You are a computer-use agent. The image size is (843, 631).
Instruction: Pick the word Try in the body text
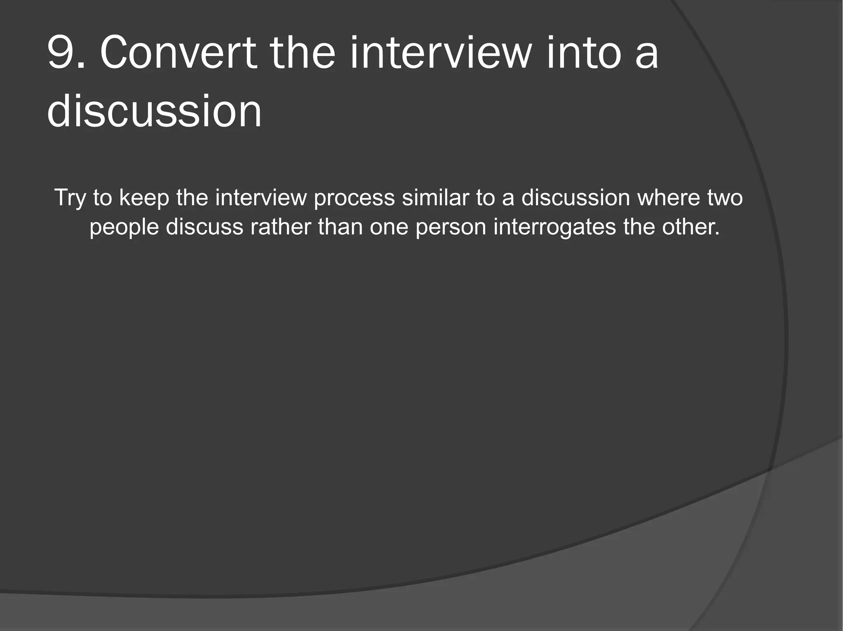point(70,198)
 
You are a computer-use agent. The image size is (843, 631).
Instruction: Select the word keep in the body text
point(144,198)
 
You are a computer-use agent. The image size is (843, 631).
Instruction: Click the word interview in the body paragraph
point(261,197)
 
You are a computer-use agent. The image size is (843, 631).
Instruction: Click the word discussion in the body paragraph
point(575,197)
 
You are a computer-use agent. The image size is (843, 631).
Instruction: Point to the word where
point(668,197)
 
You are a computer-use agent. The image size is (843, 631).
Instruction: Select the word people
point(124,227)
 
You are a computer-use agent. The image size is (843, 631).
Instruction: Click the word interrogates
point(554,227)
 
